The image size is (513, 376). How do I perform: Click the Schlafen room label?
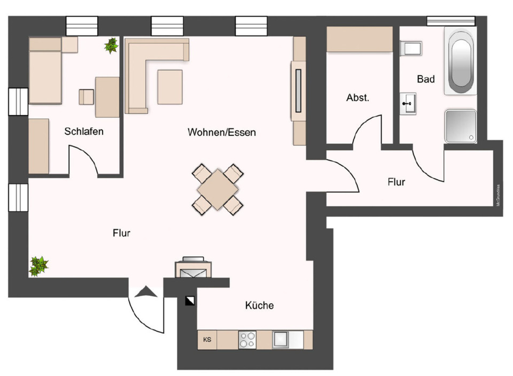[84, 132]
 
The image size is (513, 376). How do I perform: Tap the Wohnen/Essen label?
[221, 132]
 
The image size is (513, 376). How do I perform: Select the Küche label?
[259, 306]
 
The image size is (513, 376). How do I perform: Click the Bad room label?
[426, 79]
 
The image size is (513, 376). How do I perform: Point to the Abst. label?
[357, 98]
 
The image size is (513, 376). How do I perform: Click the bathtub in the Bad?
[462, 63]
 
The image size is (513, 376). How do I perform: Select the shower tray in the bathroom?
[460, 126]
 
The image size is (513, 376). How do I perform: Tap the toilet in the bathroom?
[412, 49]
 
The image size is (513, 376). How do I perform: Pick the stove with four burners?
[247, 340]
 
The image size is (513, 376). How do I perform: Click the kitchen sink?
[282, 340]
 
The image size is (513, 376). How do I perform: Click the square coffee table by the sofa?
[170, 87]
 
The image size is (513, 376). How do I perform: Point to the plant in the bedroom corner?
[112, 45]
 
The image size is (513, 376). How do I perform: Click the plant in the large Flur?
[38, 265]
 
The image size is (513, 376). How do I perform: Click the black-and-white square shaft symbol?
[190, 301]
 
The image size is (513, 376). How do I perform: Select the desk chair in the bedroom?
[86, 97]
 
